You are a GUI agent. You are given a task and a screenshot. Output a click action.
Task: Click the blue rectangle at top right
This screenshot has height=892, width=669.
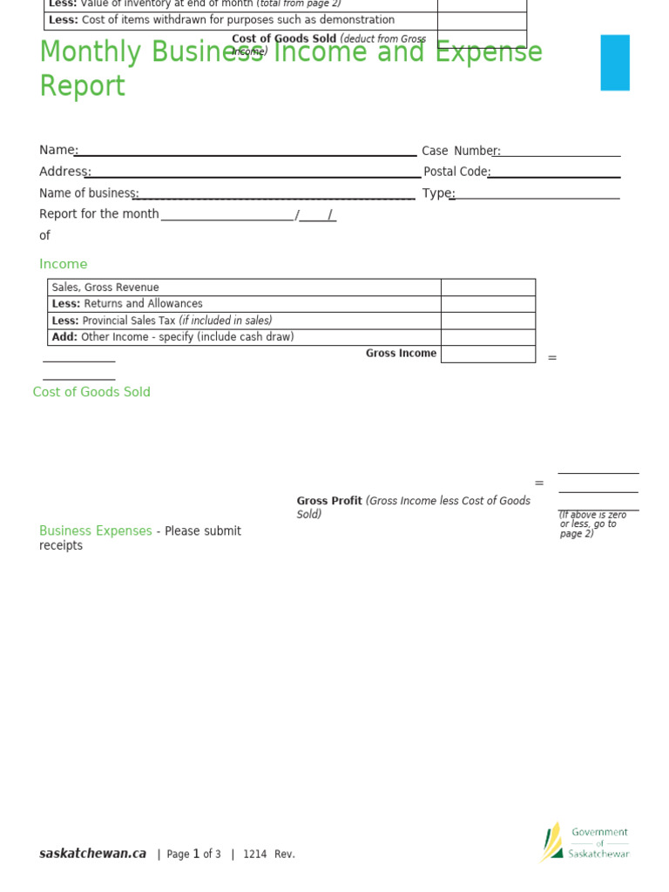[x=614, y=63]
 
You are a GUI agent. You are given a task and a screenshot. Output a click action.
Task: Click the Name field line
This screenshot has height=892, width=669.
[x=247, y=155]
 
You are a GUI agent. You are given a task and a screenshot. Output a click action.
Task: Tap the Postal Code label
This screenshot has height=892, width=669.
[x=456, y=172]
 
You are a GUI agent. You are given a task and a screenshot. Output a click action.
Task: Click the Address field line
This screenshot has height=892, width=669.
[x=253, y=177]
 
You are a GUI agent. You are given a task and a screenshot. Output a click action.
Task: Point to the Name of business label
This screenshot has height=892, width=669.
[x=89, y=193]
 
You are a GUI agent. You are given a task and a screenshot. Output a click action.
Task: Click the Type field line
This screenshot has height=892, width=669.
[x=536, y=198]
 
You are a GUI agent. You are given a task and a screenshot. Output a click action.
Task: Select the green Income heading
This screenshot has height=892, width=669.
[x=64, y=265]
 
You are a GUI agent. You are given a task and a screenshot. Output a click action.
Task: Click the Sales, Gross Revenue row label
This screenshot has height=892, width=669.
[x=105, y=287]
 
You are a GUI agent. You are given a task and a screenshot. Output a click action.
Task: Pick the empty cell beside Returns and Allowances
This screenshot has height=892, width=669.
[x=488, y=304]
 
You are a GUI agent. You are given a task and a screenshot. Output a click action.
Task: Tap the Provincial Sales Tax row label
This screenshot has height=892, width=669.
[x=162, y=321]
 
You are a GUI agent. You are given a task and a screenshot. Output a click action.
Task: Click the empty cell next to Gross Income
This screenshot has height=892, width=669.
[x=488, y=354]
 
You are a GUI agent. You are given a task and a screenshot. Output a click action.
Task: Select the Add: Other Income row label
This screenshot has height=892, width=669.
[x=172, y=337]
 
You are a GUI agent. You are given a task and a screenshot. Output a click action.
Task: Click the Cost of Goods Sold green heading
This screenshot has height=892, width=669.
[x=91, y=393]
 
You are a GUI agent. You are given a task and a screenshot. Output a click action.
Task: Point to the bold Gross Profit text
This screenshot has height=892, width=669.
[x=329, y=501]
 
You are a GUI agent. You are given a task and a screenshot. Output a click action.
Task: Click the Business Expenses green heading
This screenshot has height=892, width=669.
[x=96, y=531]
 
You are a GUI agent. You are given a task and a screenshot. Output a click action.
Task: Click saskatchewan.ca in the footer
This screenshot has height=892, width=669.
[x=92, y=854]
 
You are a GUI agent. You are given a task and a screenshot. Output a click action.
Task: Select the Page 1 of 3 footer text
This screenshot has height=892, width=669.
[x=193, y=855]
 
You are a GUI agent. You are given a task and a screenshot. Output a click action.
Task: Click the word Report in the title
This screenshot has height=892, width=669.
[x=83, y=87]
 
